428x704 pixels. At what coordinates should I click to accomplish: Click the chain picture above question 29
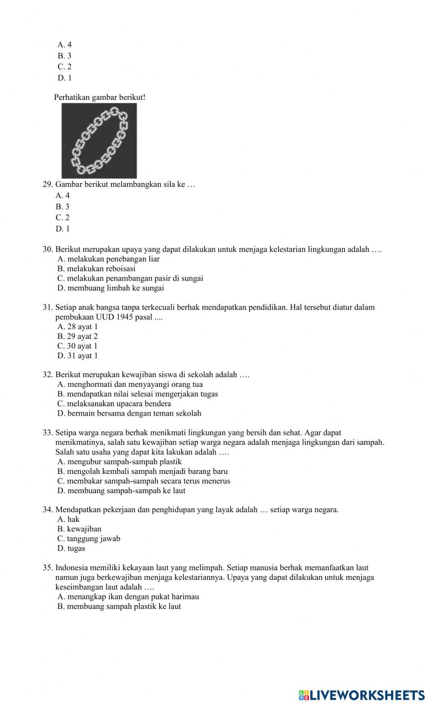click(x=99, y=141)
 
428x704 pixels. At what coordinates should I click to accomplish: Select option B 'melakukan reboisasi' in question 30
click(x=96, y=269)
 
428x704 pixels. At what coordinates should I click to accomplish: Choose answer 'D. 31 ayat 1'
click(x=77, y=356)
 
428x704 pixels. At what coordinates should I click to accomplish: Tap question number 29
click(x=48, y=185)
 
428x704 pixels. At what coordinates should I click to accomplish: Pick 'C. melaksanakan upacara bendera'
click(x=114, y=404)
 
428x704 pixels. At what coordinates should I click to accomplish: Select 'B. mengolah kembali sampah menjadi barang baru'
click(x=142, y=471)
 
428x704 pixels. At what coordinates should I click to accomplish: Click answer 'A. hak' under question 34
click(x=68, y=519)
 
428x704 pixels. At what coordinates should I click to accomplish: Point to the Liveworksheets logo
click(x=362, y=695)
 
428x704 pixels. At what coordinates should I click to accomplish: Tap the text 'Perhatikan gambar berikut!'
click(x=100, y=97)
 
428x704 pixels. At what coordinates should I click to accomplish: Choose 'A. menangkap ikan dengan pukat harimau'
click(x=128, y=596)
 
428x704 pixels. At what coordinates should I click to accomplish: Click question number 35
click(x=48, y=568)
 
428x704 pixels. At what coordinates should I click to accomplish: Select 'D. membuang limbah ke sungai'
click(x=110, y=288)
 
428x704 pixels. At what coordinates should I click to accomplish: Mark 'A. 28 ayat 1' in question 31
click(x=77, y=327)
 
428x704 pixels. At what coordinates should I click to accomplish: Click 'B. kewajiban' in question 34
click(x=79, y=529)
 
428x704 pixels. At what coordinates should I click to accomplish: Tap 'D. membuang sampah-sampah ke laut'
click(x=121, y=491)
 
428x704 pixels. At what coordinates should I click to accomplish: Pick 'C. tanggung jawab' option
click(x=89, y=539)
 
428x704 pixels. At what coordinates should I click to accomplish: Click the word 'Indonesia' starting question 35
click(x=71, y=568)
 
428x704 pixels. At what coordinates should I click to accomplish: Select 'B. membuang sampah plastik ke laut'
click(x=119, y=606)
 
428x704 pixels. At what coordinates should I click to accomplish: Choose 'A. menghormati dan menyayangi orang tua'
click(x=130, y=384)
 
